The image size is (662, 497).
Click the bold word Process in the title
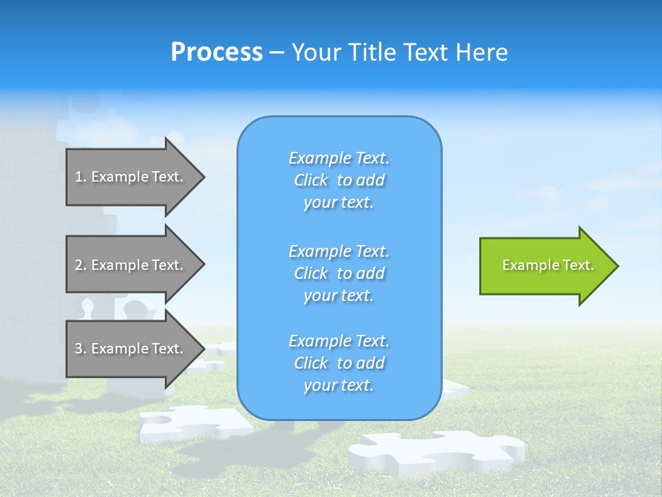pos(217,52)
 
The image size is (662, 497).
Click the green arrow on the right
pos(545,265)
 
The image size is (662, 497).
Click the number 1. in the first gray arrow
pos(81,177)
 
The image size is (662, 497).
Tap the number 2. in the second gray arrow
pos(81,265)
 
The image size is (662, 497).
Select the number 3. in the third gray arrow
pos(81,349)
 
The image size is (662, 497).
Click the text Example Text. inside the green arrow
pos(548,265)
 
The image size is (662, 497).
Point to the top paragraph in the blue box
pos(339,180)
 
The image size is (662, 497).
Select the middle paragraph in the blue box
pos(339,273)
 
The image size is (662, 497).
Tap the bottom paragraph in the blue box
pos(339,363)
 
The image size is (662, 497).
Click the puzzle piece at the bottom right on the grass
pos(434,452)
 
